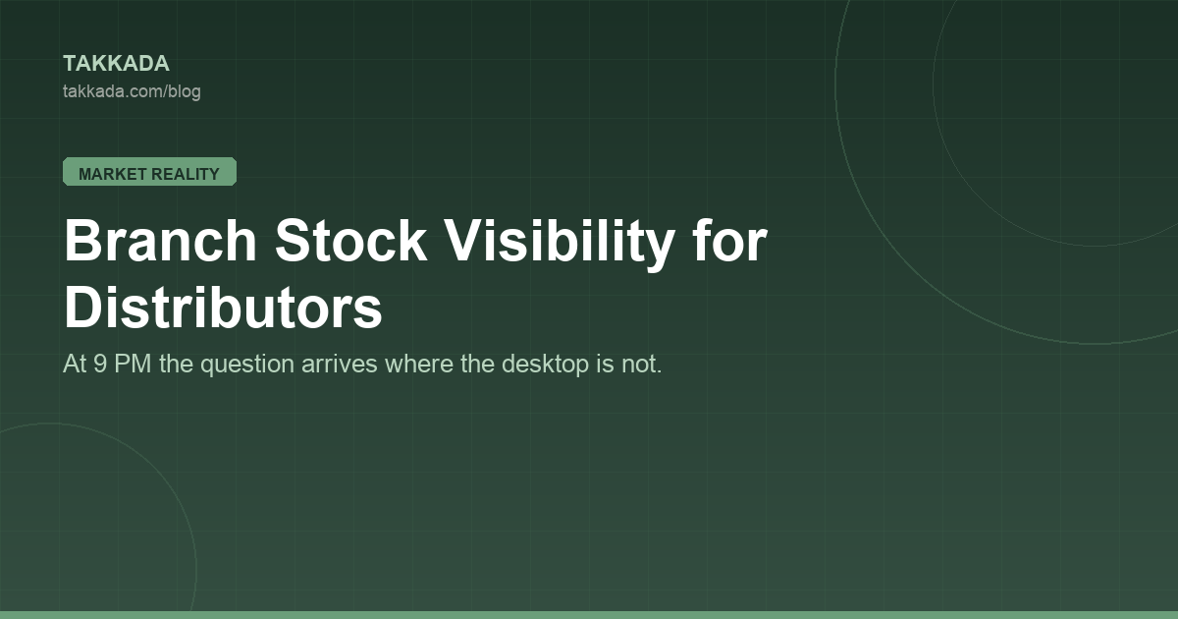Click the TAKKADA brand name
[116, 64]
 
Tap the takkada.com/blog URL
[132, 91]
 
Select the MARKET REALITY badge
[150, 172]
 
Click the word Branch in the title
[160, 241]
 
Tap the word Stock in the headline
[350, 241]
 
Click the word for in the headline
[730, 241]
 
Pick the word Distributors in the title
[223, 307]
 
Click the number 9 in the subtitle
[100, 365]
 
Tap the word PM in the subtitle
[133, 365]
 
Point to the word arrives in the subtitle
[340, 365]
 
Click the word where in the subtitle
[419, 365]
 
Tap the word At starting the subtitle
[75, 365]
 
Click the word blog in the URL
[185, 92]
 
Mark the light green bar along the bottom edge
[589, 615]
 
